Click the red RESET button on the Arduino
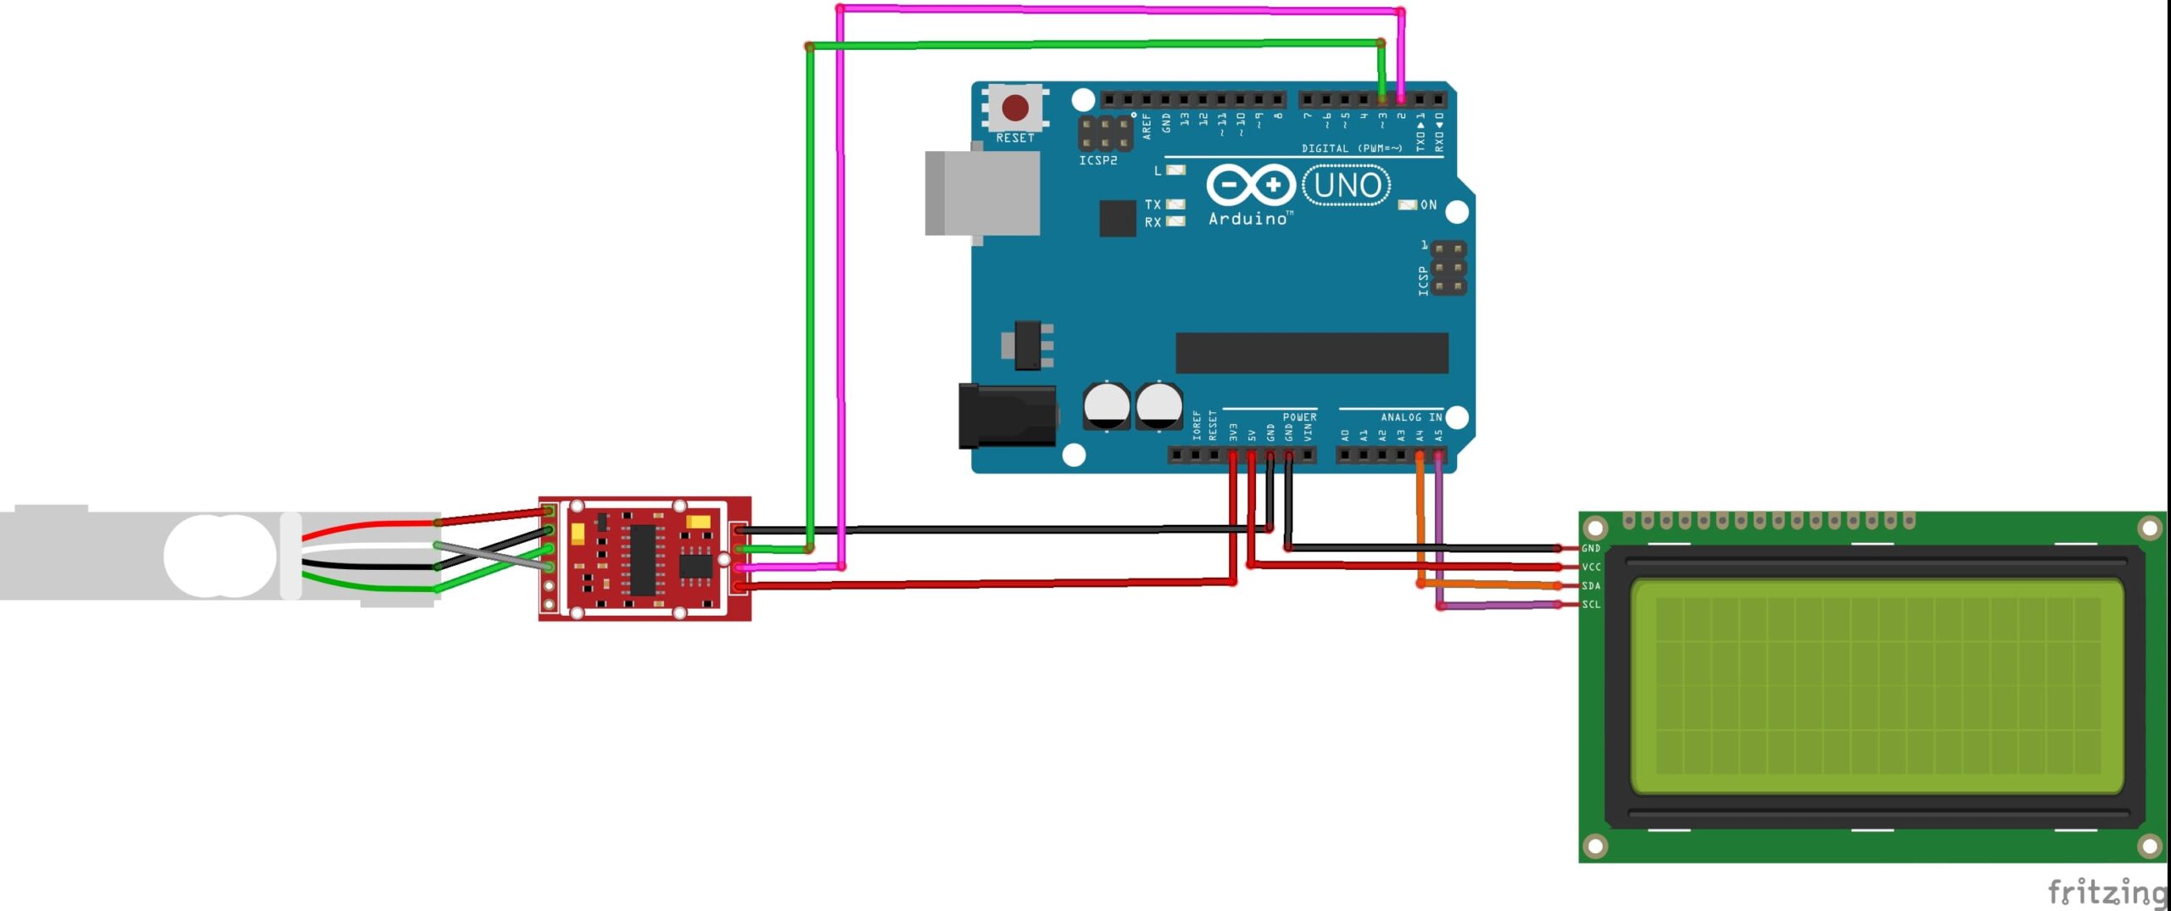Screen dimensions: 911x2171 point(1015,108)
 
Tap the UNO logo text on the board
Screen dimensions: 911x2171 point(1347,186)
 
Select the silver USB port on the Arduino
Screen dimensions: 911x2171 point(984,193)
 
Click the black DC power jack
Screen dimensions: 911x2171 point(1007,416)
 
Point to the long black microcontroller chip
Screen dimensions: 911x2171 point(1311,353)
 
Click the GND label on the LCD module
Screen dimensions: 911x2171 point(1591,549)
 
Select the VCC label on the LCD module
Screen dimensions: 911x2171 point(1591,567)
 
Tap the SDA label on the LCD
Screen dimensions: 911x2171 point(1591,586)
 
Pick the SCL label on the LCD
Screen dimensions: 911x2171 point(1591,605)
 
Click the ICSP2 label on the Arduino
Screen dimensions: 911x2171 point(1097,160)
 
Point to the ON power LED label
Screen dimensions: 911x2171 point(1429,205)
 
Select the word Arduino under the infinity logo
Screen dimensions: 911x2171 point(1247,219)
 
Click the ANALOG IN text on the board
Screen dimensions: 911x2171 point(1411,417)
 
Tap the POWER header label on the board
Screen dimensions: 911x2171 point(1299,417)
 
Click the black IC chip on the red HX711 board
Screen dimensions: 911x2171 point(642,560)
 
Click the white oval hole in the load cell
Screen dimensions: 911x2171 point(220,556)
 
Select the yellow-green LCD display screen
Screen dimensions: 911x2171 point(1877,686)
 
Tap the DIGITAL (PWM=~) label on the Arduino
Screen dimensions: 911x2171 point(1352,148)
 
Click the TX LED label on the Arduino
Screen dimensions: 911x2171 point(1152,204)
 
